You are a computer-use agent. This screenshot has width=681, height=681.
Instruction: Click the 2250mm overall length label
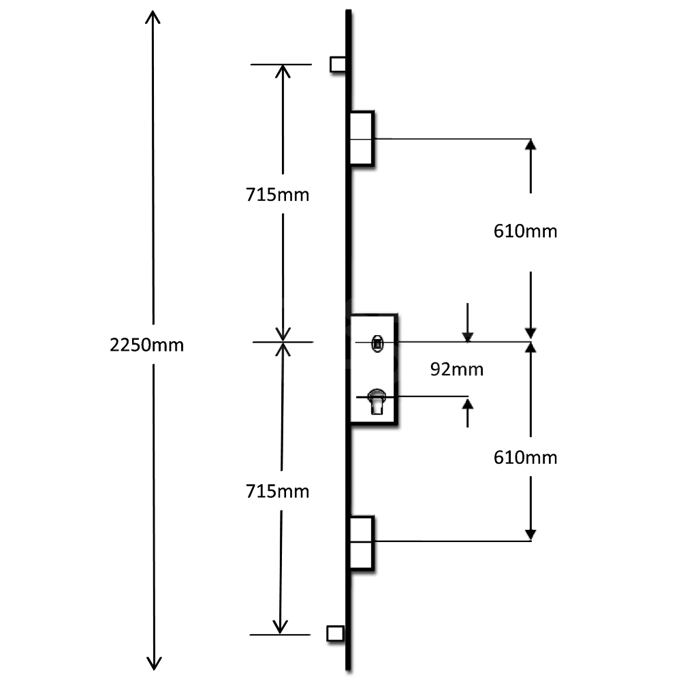147,345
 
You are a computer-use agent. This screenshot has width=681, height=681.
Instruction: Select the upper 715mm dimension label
278,195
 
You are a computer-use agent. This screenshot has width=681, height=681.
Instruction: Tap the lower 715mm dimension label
278,491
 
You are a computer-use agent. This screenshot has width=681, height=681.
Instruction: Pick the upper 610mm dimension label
525,232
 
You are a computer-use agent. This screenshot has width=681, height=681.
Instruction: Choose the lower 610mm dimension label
525,458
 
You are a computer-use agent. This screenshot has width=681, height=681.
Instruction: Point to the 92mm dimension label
457,370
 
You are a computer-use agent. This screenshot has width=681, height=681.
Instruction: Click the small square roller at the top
337,64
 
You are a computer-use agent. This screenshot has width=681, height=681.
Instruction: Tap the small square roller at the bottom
335,633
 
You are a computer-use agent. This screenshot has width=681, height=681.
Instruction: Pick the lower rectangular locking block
362,541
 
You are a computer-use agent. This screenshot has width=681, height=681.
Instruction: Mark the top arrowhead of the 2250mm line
153,16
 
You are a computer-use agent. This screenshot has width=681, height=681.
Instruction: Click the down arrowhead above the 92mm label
467,335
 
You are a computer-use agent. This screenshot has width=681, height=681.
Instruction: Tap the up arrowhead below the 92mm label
467,403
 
